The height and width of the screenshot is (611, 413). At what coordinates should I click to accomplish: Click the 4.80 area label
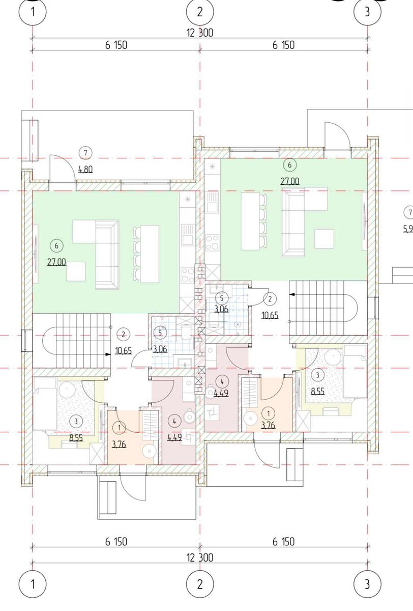click(85, 170)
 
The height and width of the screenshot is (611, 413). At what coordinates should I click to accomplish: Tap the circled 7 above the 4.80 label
click(85, 153)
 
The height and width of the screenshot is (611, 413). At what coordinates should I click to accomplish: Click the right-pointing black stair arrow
click(108, 354)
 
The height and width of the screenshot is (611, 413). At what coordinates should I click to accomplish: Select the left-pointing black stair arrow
click(292, 294)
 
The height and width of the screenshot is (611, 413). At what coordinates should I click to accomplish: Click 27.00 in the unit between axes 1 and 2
click(56, 262)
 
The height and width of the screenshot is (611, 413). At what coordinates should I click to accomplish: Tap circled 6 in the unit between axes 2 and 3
click(289, 165)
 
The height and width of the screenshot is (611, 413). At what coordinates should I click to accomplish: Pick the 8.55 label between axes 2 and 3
click(318, 391)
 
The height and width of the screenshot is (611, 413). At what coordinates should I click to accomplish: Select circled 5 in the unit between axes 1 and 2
click(160, 332)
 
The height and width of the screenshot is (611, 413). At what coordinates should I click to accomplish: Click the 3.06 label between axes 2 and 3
click(221, 309)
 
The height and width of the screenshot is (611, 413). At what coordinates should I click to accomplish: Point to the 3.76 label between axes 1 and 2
click(119, 445)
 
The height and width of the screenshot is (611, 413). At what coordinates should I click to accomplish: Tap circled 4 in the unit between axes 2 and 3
click(222, 382)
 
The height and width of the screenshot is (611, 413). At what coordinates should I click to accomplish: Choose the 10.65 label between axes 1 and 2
click(124, 350)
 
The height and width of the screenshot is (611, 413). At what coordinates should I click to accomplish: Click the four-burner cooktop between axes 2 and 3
click(213, 242)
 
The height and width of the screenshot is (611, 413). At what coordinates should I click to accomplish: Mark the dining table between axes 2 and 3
click(250, 221)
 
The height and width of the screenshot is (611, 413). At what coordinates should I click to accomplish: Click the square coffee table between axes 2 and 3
click(324, 239)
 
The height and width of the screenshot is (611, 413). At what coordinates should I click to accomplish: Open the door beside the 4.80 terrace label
click(63, 168)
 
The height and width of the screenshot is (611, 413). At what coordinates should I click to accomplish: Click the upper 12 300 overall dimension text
click(200, 33)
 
